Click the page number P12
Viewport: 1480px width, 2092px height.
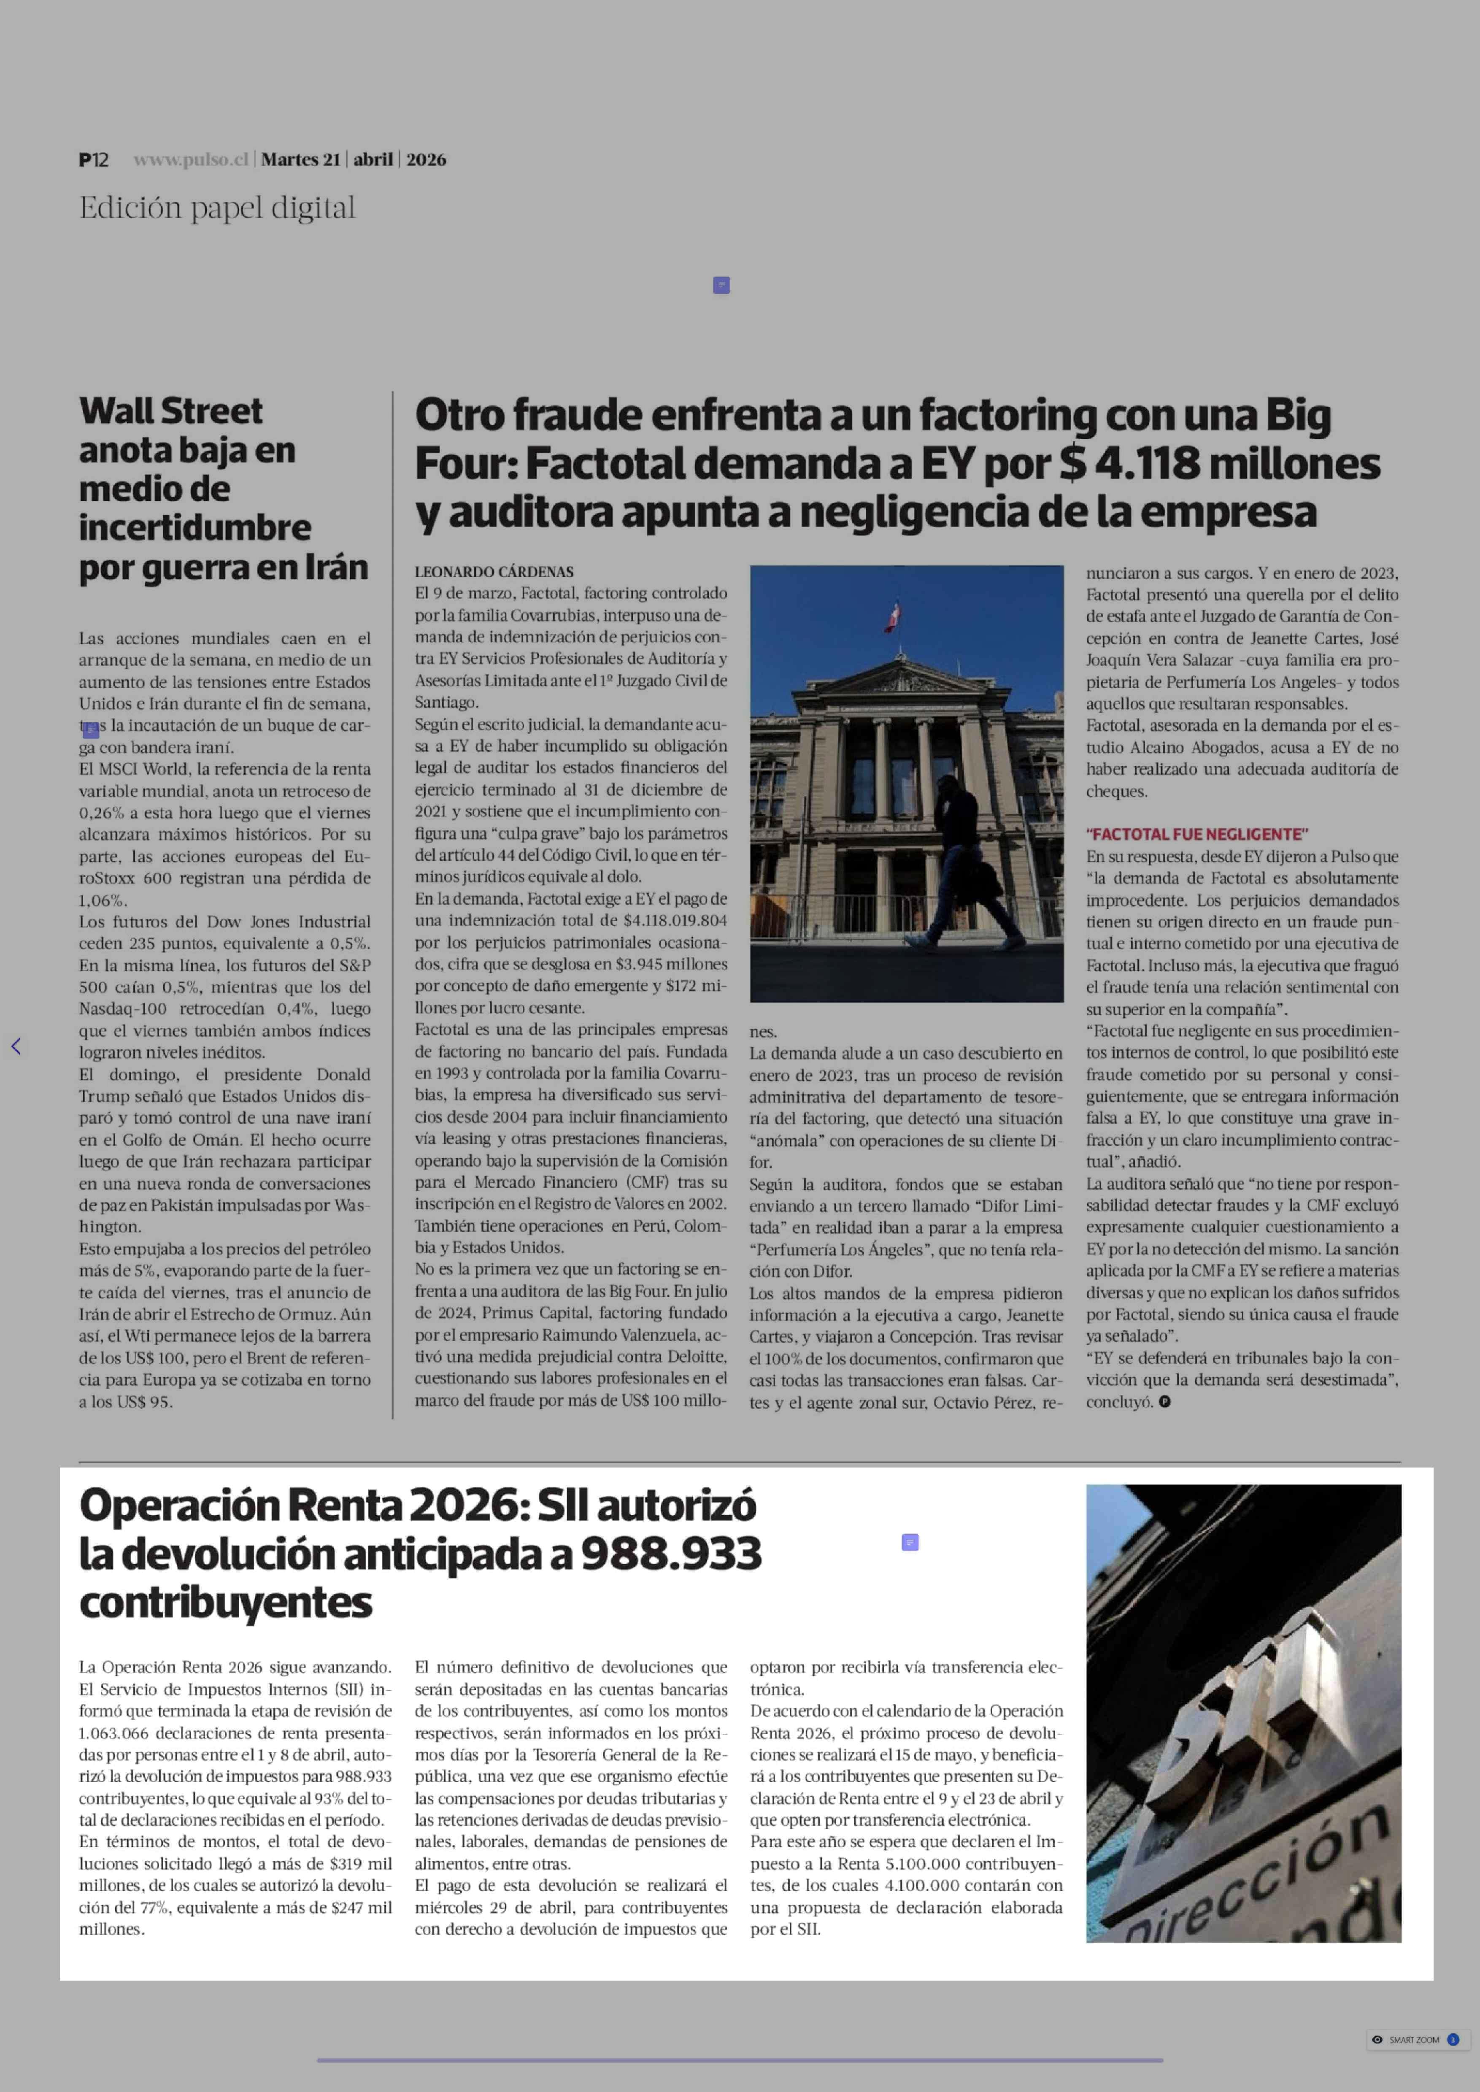pos(93,159)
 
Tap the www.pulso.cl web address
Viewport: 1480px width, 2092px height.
pos(190,159)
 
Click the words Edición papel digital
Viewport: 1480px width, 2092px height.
pos(217,208)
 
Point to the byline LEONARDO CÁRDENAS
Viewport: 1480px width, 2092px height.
pos(494,572)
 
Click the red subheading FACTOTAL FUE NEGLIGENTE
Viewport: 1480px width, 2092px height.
pos(1196,834)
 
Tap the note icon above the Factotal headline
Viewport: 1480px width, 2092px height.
pos(721,285)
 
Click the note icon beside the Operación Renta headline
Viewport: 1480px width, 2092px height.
pos(910,1542)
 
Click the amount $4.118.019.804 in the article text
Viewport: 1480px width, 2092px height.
pos(675,921)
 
